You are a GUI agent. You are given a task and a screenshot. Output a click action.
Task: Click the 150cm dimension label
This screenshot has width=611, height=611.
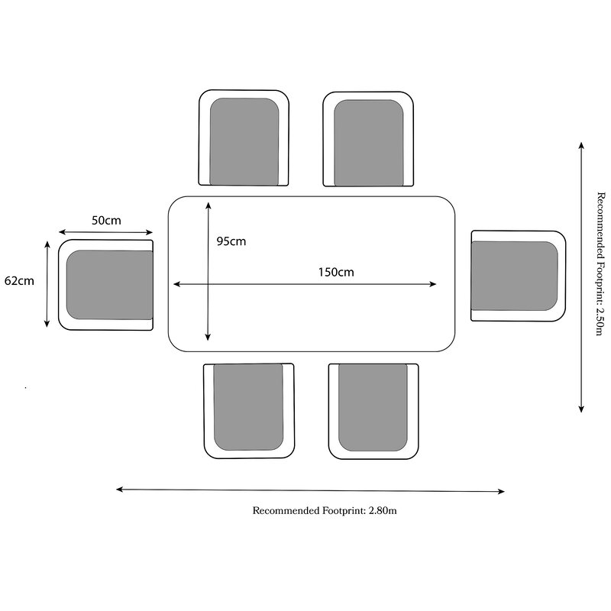[336, 272]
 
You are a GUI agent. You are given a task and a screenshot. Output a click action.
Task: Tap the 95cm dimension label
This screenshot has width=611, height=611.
[231, 241]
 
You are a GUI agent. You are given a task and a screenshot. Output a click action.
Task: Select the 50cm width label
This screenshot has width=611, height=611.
[106, 220]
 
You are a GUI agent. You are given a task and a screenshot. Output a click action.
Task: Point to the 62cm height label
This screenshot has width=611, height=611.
[19, 280]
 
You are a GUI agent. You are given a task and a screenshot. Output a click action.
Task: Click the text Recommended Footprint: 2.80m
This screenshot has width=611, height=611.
[325, 511]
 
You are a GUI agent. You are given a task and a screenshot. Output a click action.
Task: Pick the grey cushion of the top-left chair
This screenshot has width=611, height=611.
[244, 141]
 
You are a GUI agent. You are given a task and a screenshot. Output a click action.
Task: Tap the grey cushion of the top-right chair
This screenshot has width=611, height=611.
[368, 142]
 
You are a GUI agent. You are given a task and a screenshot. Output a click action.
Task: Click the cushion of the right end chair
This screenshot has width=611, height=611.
[514, 276]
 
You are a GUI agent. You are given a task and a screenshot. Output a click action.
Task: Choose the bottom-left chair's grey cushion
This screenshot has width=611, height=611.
[248, 406]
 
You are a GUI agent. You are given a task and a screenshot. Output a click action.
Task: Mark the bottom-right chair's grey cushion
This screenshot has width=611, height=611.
[373, 406]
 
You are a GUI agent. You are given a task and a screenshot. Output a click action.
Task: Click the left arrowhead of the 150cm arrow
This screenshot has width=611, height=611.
[176, 284]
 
